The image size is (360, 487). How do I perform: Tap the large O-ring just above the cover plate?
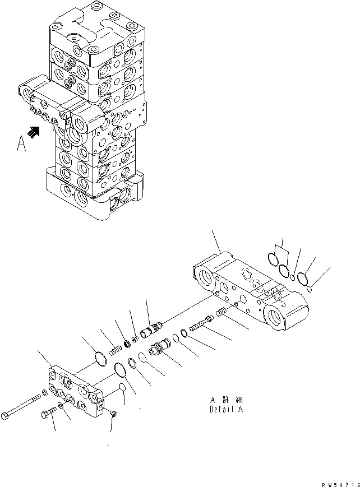click(99, 358)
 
